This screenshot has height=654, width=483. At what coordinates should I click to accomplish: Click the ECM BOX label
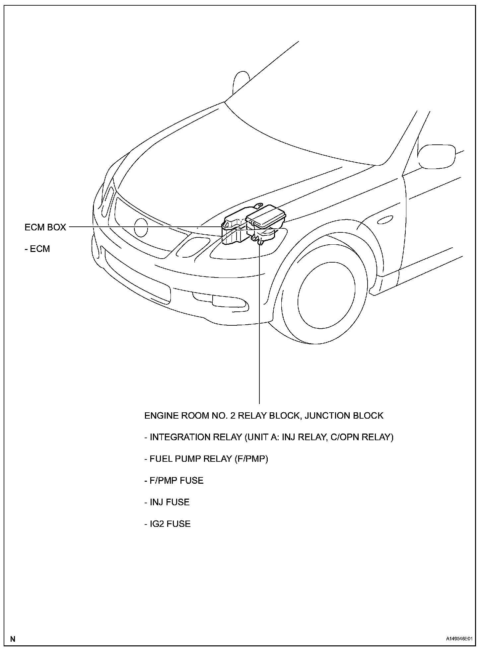click(45, 227)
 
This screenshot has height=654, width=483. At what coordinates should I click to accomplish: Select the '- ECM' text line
click(37, 249)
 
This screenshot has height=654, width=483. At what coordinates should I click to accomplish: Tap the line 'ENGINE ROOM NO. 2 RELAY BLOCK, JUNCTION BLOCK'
click(264, 416)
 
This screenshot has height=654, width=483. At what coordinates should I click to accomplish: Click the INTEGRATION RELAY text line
click(269, 437)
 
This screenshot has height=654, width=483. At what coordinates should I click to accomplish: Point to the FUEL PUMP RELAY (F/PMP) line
click(206, 459)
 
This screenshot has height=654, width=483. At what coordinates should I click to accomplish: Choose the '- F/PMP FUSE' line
click(174, 480)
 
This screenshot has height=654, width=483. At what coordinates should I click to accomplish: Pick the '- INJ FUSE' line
click(167, 502)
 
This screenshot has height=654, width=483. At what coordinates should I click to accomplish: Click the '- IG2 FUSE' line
click(168, 524)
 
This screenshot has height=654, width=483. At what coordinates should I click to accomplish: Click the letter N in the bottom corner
click(13, 639)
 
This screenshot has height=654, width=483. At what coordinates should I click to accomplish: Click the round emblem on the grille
click(141, 228)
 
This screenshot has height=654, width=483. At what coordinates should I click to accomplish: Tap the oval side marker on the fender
click(384, 221)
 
